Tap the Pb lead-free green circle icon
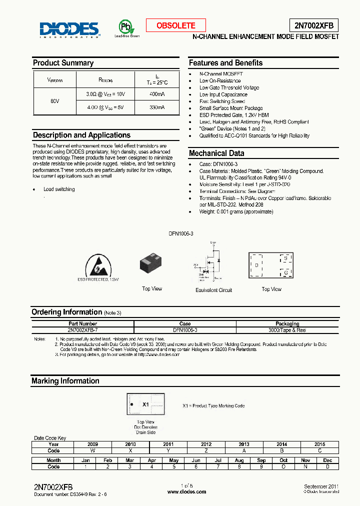tap(126, 26)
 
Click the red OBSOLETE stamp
tap(176, 25)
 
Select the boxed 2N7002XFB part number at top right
tap(313, 25)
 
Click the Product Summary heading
tap(63, 63)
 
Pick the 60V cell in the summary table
tap(55, 101)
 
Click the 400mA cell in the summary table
tap(157, 94)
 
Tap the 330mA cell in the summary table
tap(157, 107)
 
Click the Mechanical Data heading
tap(216, 153)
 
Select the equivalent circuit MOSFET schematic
tap(212, 262)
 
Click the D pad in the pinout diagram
tap(257, 265)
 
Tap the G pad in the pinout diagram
tap(285, 272)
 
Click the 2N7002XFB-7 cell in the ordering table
tap(83, 330)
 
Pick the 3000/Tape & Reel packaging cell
tap(287, 330)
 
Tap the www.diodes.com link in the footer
tap(186, 492)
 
